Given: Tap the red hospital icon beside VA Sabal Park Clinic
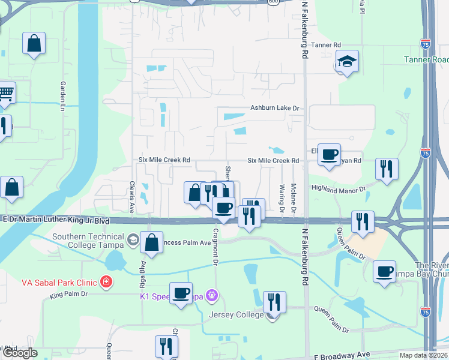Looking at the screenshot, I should click(x=106, y=281).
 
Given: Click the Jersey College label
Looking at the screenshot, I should click(x=236, y=314).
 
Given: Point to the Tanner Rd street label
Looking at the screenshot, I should click(x=326, y=45).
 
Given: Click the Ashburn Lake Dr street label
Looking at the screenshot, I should click(x=274, y=108).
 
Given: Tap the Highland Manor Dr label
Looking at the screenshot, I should click(x=338, y=188).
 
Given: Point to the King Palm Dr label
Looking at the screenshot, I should click(x=68, y=294).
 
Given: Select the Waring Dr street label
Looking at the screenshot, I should click(x=281, y=193).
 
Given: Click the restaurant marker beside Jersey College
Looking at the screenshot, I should click(x=274, y=302).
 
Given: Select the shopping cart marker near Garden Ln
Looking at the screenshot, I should click(x=5, y=93).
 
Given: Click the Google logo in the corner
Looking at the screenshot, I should click(x=19, y=353).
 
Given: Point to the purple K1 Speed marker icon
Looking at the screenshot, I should click(x=211, y=295).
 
